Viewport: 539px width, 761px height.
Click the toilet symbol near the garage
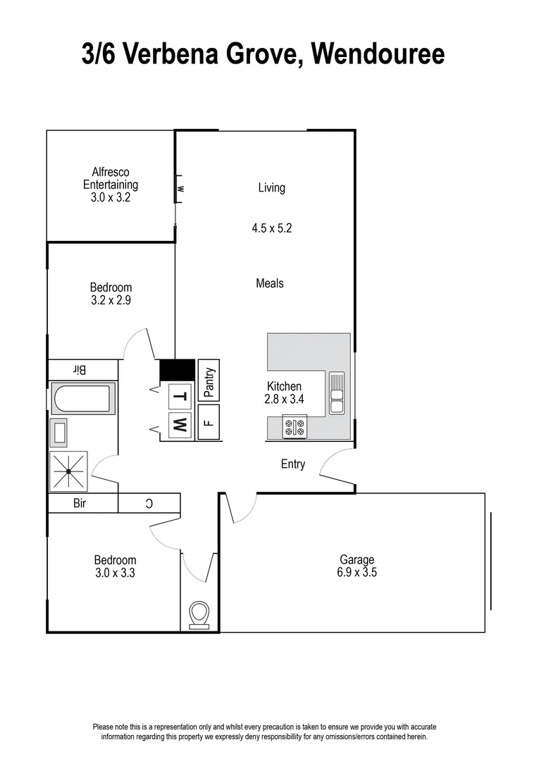(199, 613)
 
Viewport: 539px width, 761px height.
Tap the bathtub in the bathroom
(83, 399)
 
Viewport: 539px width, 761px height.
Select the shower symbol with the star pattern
(68, 470)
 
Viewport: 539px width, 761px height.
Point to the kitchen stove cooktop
(295, 426)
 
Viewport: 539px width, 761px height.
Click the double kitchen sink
(337, 392)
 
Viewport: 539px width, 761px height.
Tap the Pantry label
(209, 381)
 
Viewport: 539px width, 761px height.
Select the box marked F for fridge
(209, 423)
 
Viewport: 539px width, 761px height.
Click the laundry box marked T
(180, 396)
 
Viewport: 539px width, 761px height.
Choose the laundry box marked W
(180, 424)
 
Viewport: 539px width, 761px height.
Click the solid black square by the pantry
(178, 369)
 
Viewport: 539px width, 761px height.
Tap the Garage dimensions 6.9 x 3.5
(357, 573)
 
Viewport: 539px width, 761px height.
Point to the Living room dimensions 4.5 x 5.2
(271, 228)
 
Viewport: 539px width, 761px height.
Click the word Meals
(270, 283)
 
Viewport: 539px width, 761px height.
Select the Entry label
(293, 464)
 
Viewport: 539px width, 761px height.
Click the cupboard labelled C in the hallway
(149, 503)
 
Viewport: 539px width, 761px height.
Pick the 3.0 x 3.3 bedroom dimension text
(115, 574)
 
